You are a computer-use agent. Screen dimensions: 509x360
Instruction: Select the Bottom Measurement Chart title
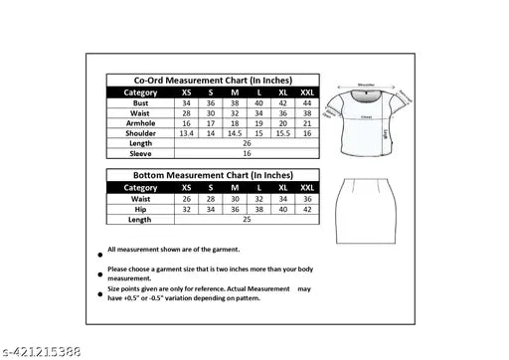coord(215,175)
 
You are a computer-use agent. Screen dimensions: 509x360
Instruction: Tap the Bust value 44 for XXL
coord(305,103)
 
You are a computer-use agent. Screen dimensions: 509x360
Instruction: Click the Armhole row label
coord(139,122)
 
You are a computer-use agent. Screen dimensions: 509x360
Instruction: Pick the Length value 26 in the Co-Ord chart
coord(246,142)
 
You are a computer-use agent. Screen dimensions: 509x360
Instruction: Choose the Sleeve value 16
coord(246,153)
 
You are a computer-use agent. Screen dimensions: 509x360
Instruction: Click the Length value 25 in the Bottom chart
coord(246,219)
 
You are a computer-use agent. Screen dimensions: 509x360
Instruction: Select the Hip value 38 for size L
coord(258,209)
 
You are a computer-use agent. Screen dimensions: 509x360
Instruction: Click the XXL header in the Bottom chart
coord(305,187)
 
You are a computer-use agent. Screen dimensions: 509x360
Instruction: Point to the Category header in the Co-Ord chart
coord(139,91)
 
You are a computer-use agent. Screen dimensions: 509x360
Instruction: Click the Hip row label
coord(139,209)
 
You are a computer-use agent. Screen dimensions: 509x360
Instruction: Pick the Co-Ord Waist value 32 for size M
coord(235,112)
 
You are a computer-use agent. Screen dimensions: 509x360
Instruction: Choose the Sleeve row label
coord(139,153)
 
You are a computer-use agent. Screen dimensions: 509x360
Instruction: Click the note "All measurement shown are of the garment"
coord(179,249)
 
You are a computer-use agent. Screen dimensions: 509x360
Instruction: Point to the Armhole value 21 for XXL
coord(305,122)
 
